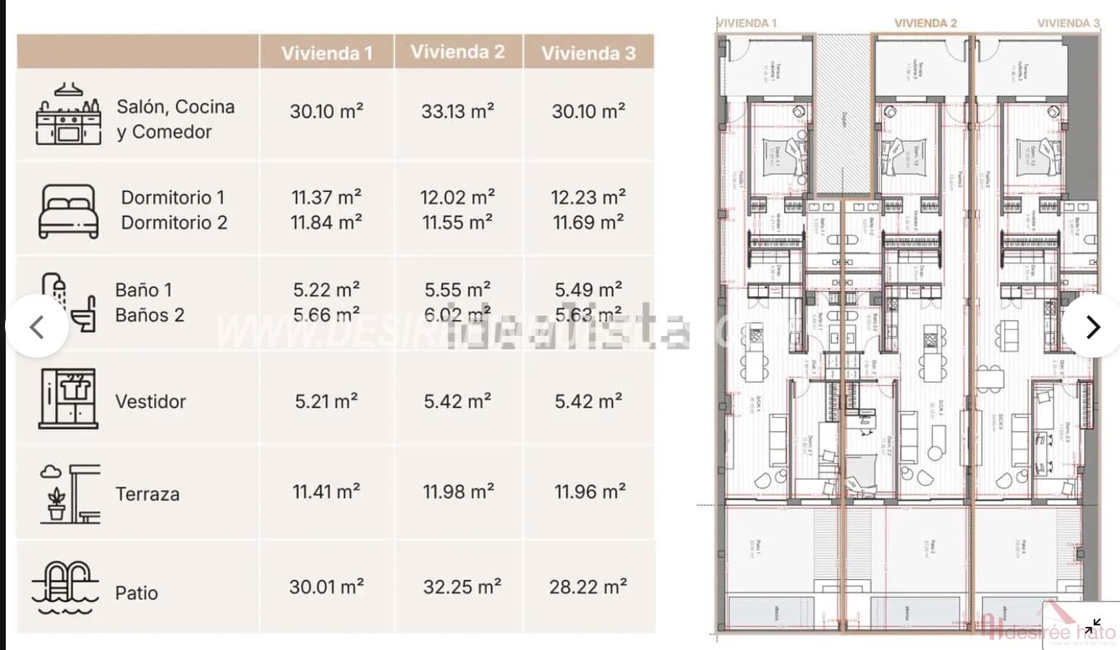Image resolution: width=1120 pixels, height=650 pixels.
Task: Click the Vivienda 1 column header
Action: pos(326,53)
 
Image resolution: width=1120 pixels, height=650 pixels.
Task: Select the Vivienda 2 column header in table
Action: pos(457,51)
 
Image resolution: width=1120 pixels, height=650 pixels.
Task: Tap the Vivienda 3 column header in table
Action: pos(588,53)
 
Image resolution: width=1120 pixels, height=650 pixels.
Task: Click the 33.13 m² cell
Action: pos(457,111)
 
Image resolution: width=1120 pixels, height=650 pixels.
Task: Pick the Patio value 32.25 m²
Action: pos(462,586)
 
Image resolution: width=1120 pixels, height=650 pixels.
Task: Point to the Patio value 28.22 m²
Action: pos(587,586)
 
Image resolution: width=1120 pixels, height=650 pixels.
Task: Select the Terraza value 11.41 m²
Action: pos(326,492)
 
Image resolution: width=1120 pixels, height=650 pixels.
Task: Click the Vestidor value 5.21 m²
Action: pos(326,401)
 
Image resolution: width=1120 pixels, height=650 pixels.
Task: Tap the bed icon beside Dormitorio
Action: pos(68,211)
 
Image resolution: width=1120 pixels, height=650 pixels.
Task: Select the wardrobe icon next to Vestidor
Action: pos(69,399)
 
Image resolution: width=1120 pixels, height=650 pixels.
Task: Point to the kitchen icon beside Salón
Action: pos(68,115)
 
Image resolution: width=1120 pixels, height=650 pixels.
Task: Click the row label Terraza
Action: pos(148,494)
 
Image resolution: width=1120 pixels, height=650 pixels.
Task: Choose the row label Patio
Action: pos(136,593)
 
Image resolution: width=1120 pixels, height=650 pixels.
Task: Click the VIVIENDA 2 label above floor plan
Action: pos(925,23)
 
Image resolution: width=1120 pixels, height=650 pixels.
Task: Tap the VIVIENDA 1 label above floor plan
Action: pos(747,23)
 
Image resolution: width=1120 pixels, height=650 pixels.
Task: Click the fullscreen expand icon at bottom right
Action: pos(1093,625)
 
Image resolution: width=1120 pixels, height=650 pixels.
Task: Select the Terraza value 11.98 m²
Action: pos(458,492)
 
